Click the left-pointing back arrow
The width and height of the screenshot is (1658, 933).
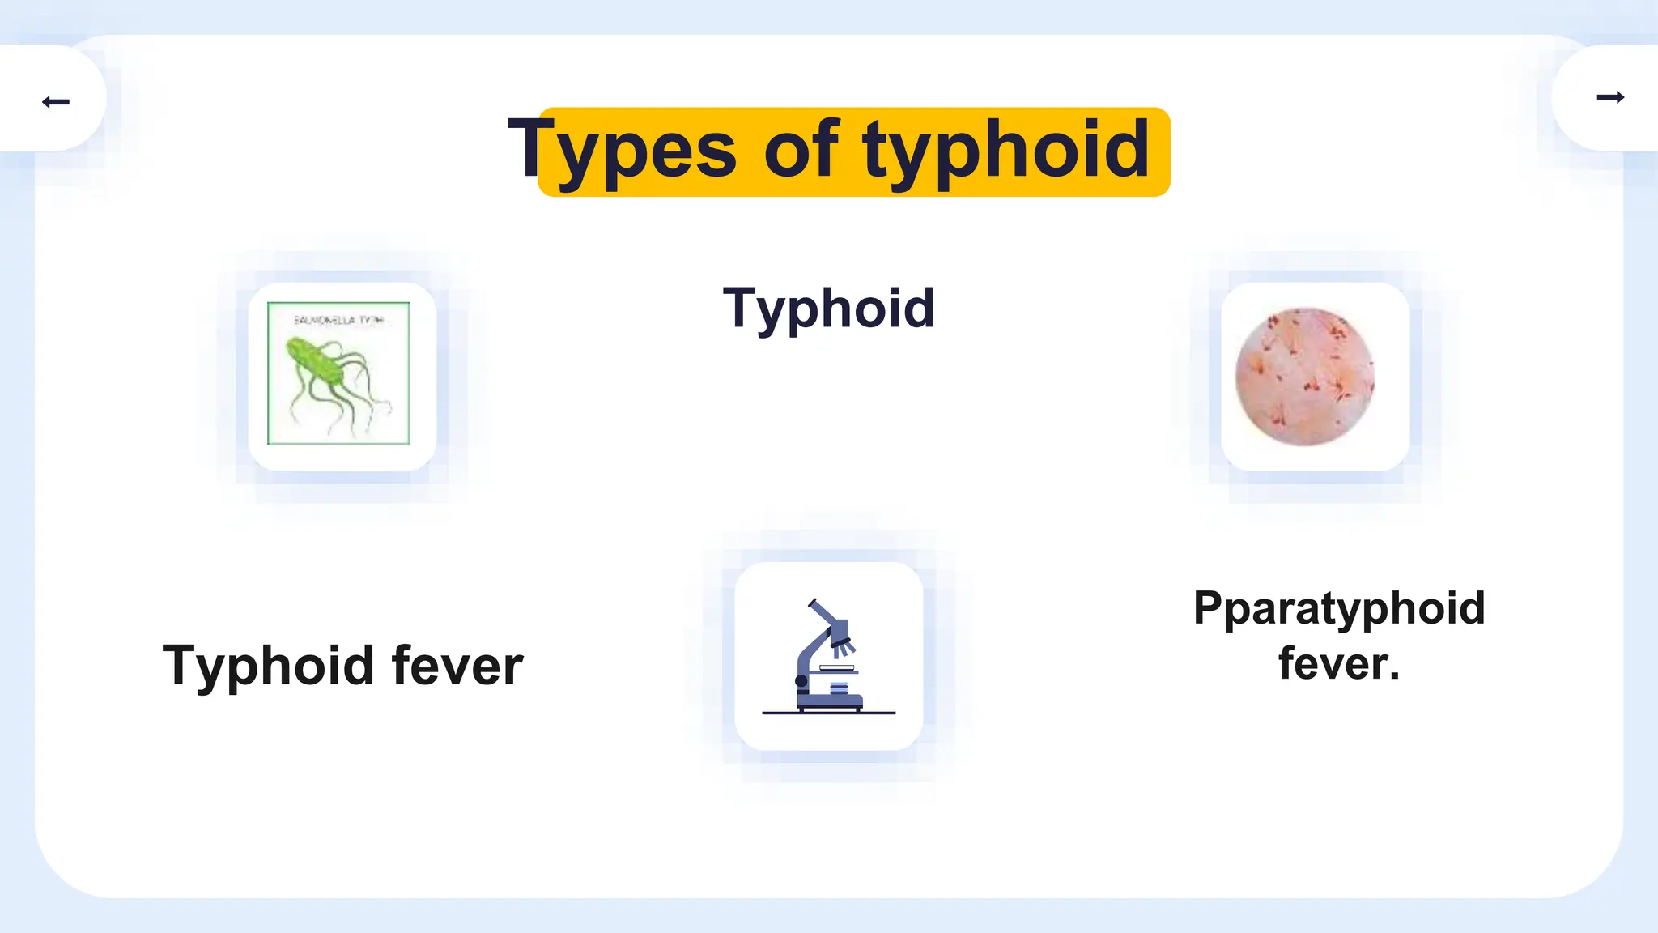click(x=56, y=101)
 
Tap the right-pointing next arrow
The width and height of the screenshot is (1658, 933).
click(x=1609, y=97)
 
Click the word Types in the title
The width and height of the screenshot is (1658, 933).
click(x=622, y=150)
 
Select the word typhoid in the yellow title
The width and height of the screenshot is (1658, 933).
click(x=1005, y=150)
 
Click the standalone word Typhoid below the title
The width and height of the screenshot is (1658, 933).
click(x=828, y=309)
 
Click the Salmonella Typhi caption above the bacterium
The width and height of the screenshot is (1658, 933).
click(x=338, y=320)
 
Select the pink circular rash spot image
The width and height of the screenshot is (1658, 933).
click(x=1304, y=377)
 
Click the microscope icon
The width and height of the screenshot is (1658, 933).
click(x=828, y=656)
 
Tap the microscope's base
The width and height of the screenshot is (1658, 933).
click(x=830, y=703)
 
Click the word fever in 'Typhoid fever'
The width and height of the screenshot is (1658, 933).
click(x=457, y=666)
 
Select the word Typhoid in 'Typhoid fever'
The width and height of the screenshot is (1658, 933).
click(x=269, y=666)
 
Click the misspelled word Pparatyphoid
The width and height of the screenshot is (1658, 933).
click(x=1339, y=608)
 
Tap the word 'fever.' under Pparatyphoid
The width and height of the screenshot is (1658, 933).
click(x=1339, y=663)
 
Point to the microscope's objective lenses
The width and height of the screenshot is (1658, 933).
click(x=844, y=645)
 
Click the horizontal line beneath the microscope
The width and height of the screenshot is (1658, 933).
click(x=828, y=714)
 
